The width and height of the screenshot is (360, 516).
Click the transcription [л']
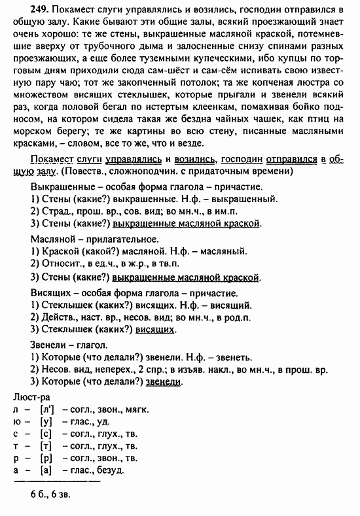pos(46,410)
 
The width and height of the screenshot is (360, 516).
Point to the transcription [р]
pos(46,458)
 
